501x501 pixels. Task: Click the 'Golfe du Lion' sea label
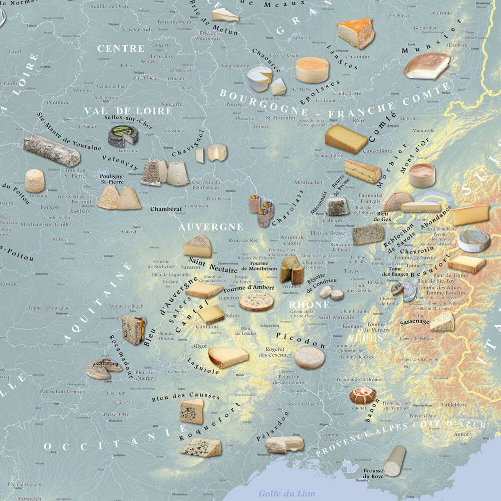(x=287, y=493)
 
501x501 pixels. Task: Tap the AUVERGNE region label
(x=211, y=227)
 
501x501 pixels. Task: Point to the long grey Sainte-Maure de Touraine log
(x=52, y=150)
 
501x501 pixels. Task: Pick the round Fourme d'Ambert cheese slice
(x=256, y=301)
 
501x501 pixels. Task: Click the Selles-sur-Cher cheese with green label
(x=123, y=135)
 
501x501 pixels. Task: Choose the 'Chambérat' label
(x=165, y=209)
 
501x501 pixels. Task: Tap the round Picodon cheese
(x=309, y=358)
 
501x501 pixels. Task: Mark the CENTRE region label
(x=121, y=49)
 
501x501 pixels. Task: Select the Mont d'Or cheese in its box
(x=421, y=175)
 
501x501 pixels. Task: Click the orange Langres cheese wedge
(x=356, y=33)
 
